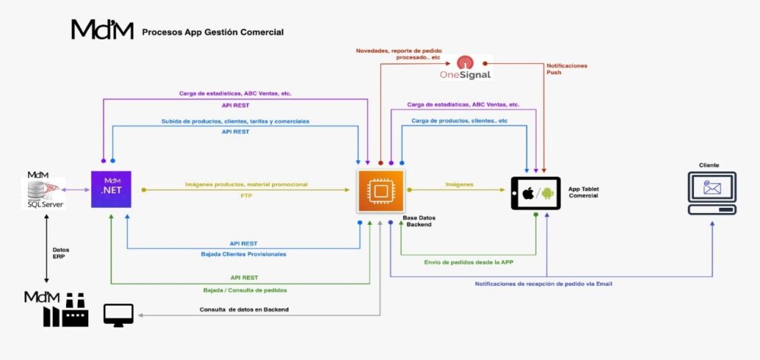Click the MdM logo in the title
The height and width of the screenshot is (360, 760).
[102, 30]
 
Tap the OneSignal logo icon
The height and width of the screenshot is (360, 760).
[465, 63]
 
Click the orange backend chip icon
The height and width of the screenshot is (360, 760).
[381, 191]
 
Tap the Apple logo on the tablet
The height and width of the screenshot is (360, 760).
[528, 193]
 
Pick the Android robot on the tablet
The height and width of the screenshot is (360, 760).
[548, 193]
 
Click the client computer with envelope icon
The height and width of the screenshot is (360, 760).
[712, 192]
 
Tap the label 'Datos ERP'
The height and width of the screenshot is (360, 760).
[62, 254]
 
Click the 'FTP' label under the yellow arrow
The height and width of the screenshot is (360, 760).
[246, 197]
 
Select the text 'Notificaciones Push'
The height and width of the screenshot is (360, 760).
[566, 69]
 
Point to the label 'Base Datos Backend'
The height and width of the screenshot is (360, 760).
[419, 222]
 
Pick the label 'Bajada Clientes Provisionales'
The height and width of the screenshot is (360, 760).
[243, 255]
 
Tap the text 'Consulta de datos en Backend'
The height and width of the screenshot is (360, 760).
[243, 309]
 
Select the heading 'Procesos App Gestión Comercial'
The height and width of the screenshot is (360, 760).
[212, 32]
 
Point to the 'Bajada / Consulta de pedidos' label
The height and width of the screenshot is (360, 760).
[243, 290]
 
